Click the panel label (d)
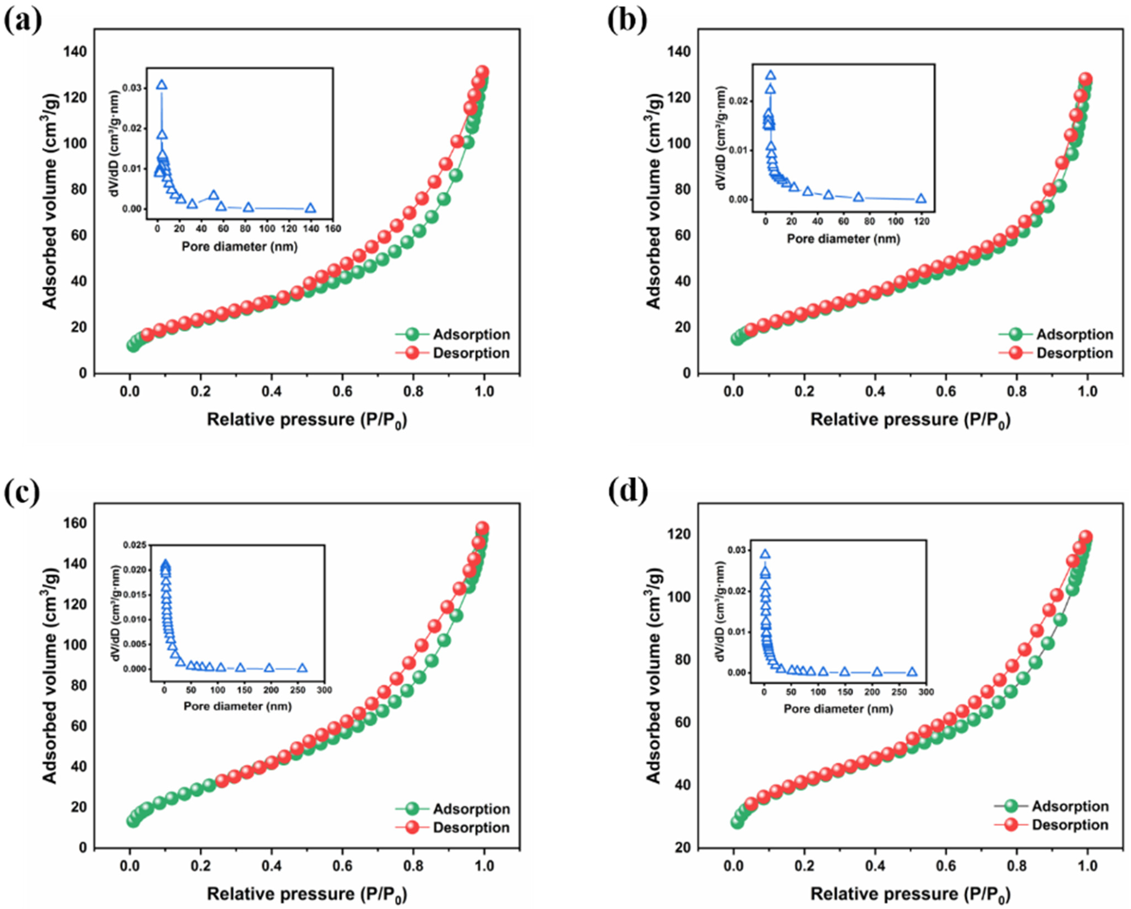pos(628,491)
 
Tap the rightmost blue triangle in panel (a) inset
pos(310,208)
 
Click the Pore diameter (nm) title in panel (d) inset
pos(838,709)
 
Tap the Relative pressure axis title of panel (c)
pos(307,893)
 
